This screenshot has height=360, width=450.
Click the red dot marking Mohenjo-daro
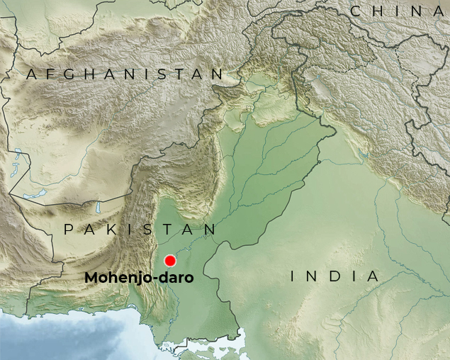(170, 260)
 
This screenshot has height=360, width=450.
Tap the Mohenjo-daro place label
(139, 278)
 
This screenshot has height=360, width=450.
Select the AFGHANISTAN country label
(125, 74)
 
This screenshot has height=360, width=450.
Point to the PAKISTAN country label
(140, 230)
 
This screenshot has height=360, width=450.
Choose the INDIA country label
(335, 276)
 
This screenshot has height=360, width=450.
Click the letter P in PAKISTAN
(69, 230)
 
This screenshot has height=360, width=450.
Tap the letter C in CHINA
(356, 11)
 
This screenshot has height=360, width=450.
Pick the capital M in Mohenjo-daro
(91, 278)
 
